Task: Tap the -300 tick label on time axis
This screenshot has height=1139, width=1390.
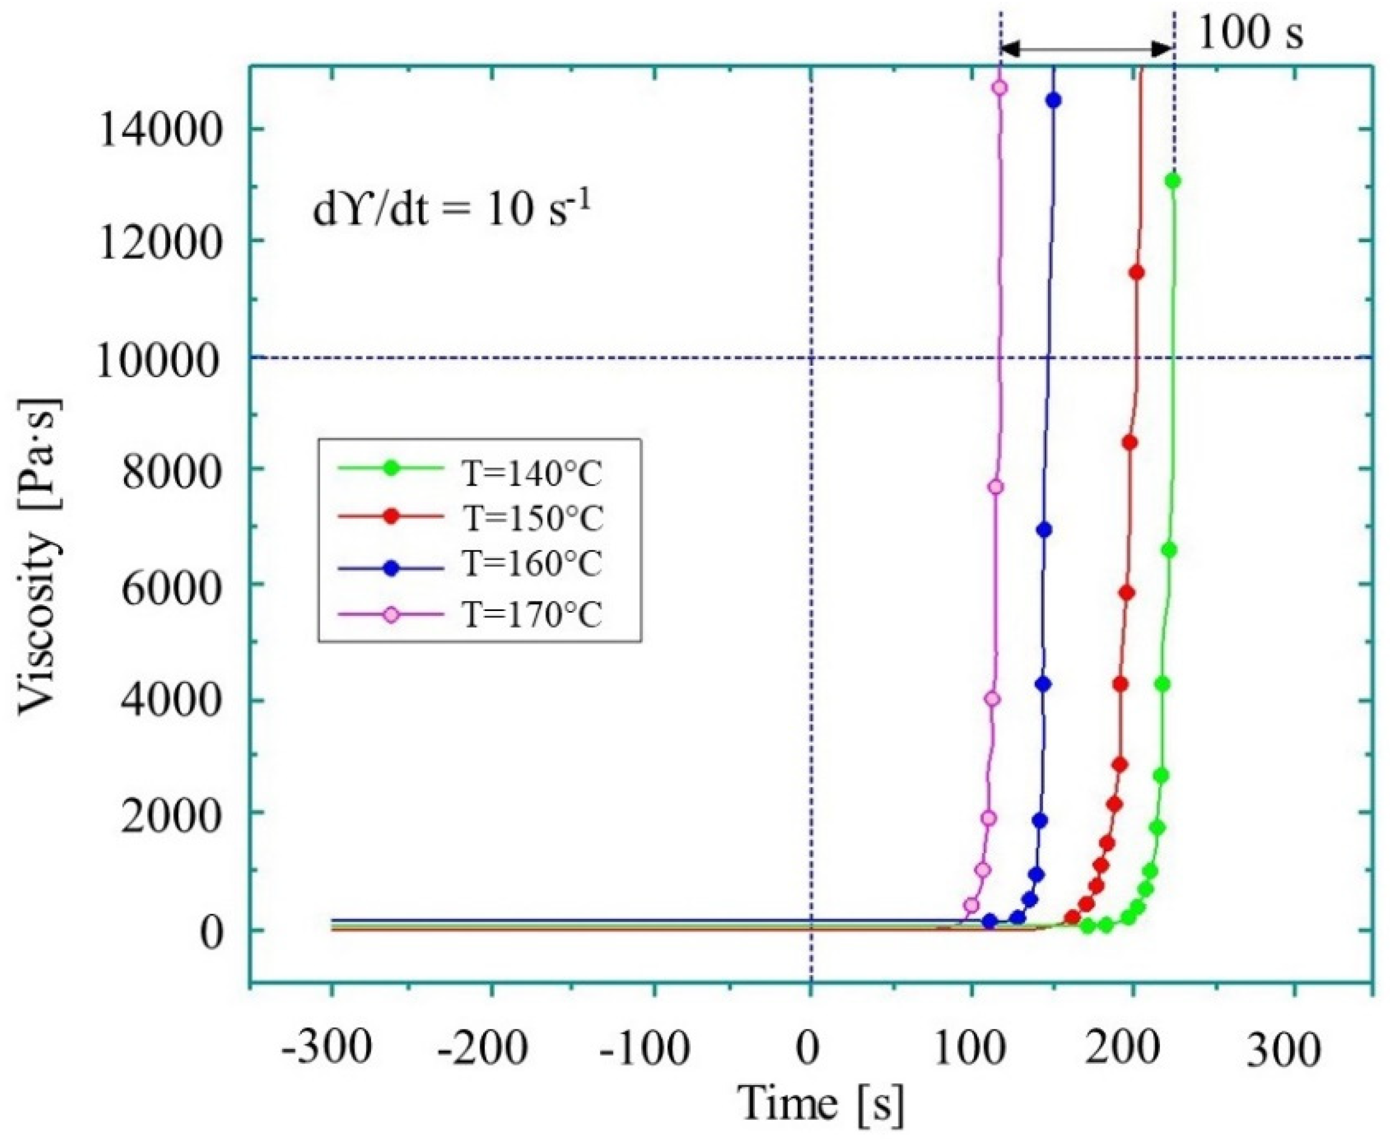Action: [x=326, y=1048]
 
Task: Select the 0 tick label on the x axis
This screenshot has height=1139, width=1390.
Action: [x=809, y=1048]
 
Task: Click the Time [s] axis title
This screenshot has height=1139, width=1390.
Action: [x=820, y=1106]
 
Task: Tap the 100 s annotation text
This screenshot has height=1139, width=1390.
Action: [x=1250, y=33]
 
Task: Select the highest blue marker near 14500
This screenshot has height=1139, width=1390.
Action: [x=1053, y=101]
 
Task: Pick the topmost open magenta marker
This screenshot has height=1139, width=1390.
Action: [x=1000, y=88]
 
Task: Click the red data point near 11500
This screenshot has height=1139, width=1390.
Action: [x=1137, y=272]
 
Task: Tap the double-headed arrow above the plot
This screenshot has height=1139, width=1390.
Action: [x=1086, y=48]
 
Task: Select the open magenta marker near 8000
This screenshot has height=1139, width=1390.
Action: [x=996, y=487]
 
